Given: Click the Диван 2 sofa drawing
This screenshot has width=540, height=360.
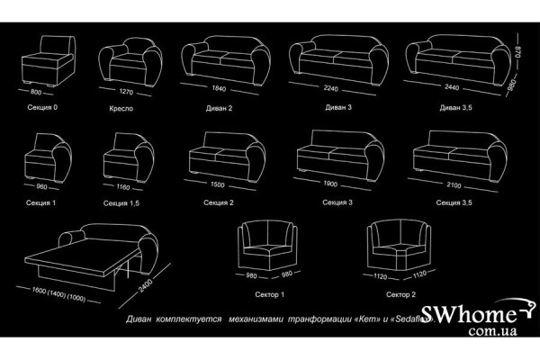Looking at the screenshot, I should point(219,58).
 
